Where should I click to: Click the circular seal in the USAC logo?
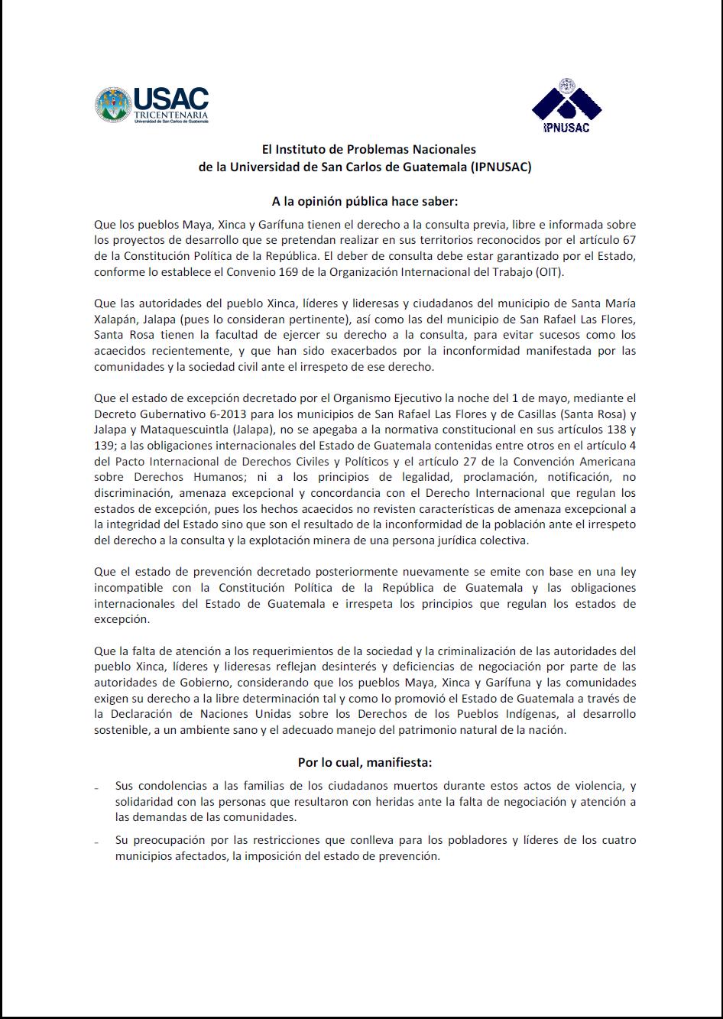point(113,105)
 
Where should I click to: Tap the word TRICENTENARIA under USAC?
point(170,115)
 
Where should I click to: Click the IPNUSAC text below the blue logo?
point(566,128)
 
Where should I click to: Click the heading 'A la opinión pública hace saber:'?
point(365,202)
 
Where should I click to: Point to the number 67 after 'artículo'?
point(628,240)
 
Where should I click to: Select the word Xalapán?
point(117,320)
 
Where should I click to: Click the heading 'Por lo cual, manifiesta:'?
point(365,762)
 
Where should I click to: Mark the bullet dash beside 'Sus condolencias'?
point(97,787)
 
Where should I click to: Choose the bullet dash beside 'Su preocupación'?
point(97,842)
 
